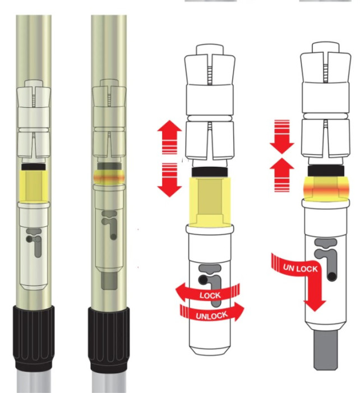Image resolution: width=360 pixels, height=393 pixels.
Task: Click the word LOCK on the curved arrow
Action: (210, 295)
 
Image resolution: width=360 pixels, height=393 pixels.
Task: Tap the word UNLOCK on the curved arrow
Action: (212, 316)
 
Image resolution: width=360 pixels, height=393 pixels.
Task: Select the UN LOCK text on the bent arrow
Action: (300, 268)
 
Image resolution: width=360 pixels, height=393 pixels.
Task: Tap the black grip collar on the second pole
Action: (109, 339)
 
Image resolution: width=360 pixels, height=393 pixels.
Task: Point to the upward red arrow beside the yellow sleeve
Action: (169, 137)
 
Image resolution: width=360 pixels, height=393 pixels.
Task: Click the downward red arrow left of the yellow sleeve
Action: (169, 180)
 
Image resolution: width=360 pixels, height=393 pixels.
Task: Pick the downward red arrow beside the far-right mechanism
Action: (282, 137)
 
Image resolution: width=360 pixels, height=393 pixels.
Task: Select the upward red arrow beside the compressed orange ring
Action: (282, 175)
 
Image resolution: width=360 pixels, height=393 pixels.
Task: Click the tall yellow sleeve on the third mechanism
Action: (210, 201)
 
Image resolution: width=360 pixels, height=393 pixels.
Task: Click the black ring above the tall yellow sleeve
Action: (210, 172)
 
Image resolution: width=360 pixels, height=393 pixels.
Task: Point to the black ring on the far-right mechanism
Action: (326, 171)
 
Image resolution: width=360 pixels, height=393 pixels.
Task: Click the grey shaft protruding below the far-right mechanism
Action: (326, 349)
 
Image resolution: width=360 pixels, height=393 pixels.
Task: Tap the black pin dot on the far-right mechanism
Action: (332, 276)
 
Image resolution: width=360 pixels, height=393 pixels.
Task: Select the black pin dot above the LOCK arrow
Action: (202, 279)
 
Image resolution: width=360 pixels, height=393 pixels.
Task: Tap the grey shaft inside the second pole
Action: (109, 281)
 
